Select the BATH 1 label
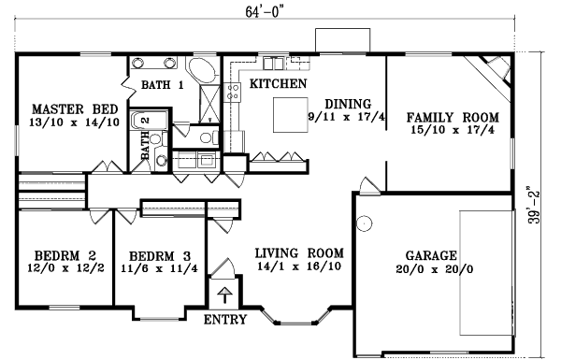point(163,86)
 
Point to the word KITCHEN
point(279,85)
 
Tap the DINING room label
point(348,104)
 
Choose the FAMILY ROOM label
point(453,118)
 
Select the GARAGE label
point(431,255)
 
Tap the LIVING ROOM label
point(299,253)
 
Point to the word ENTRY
point(224,321)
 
